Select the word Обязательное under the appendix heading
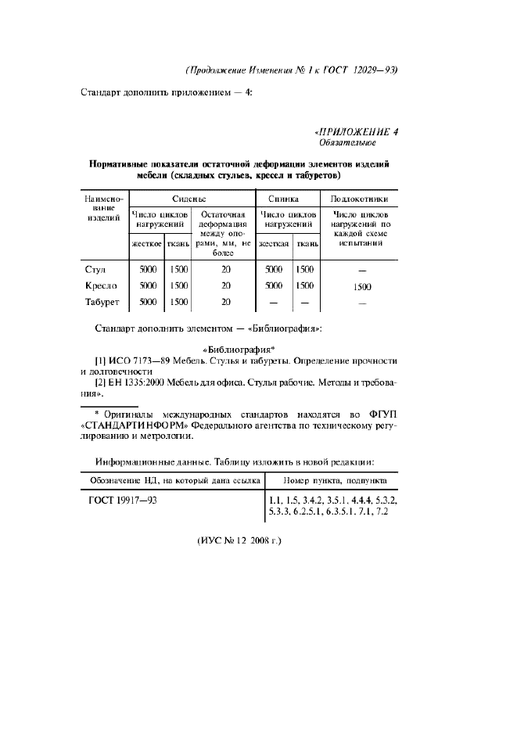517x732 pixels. point(346,143)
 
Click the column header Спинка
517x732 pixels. point(288,199)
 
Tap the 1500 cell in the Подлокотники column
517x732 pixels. point(361,286)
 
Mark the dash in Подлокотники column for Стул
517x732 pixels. point(361,271)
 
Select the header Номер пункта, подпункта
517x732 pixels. point(332,479)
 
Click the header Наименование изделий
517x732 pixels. point(101,210)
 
